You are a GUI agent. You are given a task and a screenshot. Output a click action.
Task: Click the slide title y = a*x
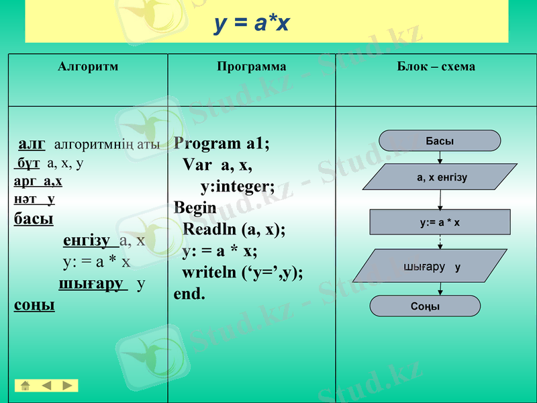point(252,24)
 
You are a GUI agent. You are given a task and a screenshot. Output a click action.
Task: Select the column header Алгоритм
point(88,66)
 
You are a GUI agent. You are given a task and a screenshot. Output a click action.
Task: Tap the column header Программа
point(252,66)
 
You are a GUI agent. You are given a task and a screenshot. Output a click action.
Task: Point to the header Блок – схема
point(436,66)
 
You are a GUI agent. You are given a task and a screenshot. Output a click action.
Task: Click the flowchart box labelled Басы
point(440,141)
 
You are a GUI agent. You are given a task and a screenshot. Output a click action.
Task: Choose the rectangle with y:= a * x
point(440,222)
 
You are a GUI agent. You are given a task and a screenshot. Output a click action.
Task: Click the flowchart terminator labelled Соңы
point(426,306)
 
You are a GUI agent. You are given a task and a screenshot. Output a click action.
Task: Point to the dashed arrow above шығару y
point(440,242)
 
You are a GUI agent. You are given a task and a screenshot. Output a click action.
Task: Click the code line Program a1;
point(222,144)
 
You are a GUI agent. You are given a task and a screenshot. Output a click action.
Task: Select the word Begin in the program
point(195,208)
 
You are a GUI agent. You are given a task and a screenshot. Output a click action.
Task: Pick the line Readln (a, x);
point(234,229)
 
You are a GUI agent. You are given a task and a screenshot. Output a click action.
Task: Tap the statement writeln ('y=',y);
point(242,273)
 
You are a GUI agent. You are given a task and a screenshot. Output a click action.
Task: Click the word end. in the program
point(189,294)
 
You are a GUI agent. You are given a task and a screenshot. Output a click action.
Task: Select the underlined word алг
point(32,144)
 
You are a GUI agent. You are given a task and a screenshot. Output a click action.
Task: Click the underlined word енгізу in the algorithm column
point(87,240)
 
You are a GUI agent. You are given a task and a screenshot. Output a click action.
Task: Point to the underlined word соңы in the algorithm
point(34,305)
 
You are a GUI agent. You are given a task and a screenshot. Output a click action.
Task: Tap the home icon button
point(25,386)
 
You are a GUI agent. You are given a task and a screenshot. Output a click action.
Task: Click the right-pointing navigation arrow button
point(68,386)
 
